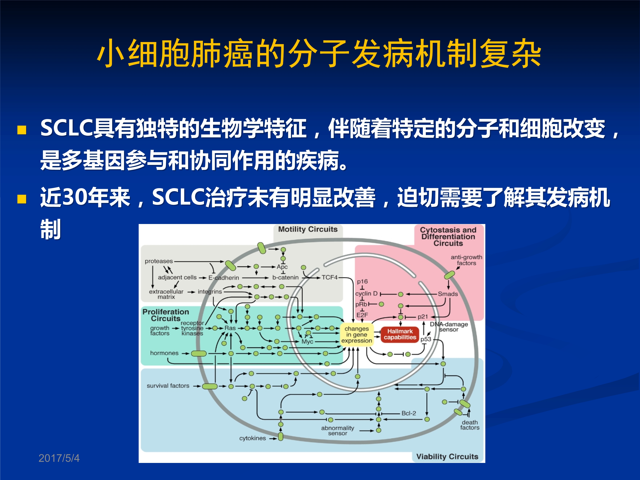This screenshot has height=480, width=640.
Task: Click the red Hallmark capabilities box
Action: (400, 335)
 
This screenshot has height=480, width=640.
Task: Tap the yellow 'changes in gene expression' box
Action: (356, 335)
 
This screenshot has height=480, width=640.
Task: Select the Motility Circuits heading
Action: (308, 229)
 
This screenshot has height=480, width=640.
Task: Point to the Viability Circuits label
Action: (447, 457)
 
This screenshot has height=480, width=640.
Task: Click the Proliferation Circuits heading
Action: (166, 315)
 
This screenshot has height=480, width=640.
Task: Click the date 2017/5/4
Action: (59, 458)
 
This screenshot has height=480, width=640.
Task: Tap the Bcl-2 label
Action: (409, 413)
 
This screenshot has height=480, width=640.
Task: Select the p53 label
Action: (426, 339)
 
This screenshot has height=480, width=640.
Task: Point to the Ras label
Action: (230, 328)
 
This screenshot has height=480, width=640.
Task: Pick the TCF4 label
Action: (330, 278)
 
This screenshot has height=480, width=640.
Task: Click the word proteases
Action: (159, 261)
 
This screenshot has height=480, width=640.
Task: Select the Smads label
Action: (448, 294)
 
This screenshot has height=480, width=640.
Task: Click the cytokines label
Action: (252, 438)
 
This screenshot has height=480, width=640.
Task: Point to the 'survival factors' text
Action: (168, 386)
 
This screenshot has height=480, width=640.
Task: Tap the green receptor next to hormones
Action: (199, 353)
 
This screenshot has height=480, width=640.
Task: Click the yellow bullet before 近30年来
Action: (22, 199)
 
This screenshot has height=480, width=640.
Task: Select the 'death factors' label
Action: (470, 425)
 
